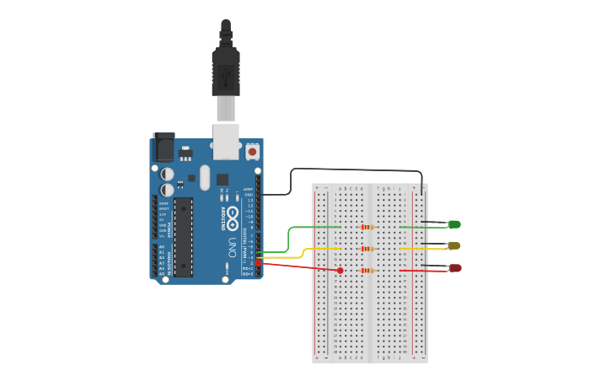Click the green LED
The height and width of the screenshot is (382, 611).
point(454,224)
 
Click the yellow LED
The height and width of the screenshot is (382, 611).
point(454,246)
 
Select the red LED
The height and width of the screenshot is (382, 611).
point(454,268)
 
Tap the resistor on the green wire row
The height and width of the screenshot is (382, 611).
point(367,227)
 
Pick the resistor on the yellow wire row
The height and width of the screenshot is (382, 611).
point(367,249)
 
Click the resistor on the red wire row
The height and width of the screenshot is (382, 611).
point(367,271)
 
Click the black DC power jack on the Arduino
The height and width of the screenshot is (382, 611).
point(163,148)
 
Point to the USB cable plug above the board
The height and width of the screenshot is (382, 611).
point(226,72)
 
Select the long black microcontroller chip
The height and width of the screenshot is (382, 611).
point(183,236)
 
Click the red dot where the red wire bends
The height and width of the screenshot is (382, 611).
point(340,271)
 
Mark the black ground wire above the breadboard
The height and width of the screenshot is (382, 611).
point(354,169)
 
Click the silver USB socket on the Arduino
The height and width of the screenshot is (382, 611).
point(226,142)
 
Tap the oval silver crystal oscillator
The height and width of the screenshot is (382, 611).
point(205,176)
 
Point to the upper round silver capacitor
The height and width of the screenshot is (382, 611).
point(168,174)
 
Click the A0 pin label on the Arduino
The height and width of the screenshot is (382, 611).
point(162,246)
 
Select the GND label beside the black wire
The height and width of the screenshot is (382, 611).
point(248,195)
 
